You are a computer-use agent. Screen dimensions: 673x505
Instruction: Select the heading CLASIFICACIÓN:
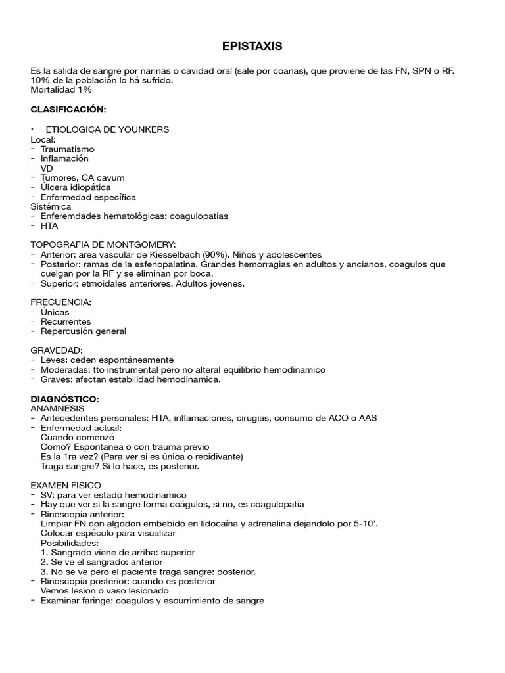pyautogui.click(x=68, y=109)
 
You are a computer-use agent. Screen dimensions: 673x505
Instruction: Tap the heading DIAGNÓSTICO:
pyautogui.click(x=65, y=399)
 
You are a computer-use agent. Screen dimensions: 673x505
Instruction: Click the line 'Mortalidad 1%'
pyautogui.click(x=61, y=89)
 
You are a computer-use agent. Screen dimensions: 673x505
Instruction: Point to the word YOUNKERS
pyautogui.click(x=145, y=129)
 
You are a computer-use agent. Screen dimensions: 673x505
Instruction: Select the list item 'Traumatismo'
pyautogui.click(x=68, y=149)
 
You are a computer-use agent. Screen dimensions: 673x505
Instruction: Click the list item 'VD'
pyautogui.click(x=47, y=168)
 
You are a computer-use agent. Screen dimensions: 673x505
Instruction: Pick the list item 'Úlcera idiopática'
pyautogui.click(x=76, y=187)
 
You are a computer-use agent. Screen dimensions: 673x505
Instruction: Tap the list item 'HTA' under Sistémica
pyautogui.click(x=49, y=226)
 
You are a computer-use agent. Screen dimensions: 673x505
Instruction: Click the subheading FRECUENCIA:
pyautogui.click(x=61, y=302)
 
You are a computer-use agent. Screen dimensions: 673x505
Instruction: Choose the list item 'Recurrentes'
pyautogui.click(x=66, y=322)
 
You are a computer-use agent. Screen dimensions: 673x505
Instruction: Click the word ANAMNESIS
pyautogui.click(x=57, y=408)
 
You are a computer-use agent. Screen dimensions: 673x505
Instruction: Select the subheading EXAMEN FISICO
pyautogui.click(x=66, y=485)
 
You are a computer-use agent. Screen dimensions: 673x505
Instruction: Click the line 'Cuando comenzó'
pyautogui.click(x=78, y=437)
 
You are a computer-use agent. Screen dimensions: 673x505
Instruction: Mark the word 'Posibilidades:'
pyautogui.click(x=70, y=544)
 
